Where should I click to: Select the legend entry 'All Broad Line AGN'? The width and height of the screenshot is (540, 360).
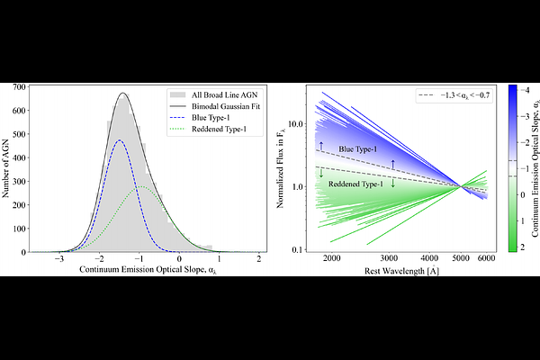(x=214, y=94)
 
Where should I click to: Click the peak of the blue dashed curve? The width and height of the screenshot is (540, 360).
(x=120, y=140)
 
